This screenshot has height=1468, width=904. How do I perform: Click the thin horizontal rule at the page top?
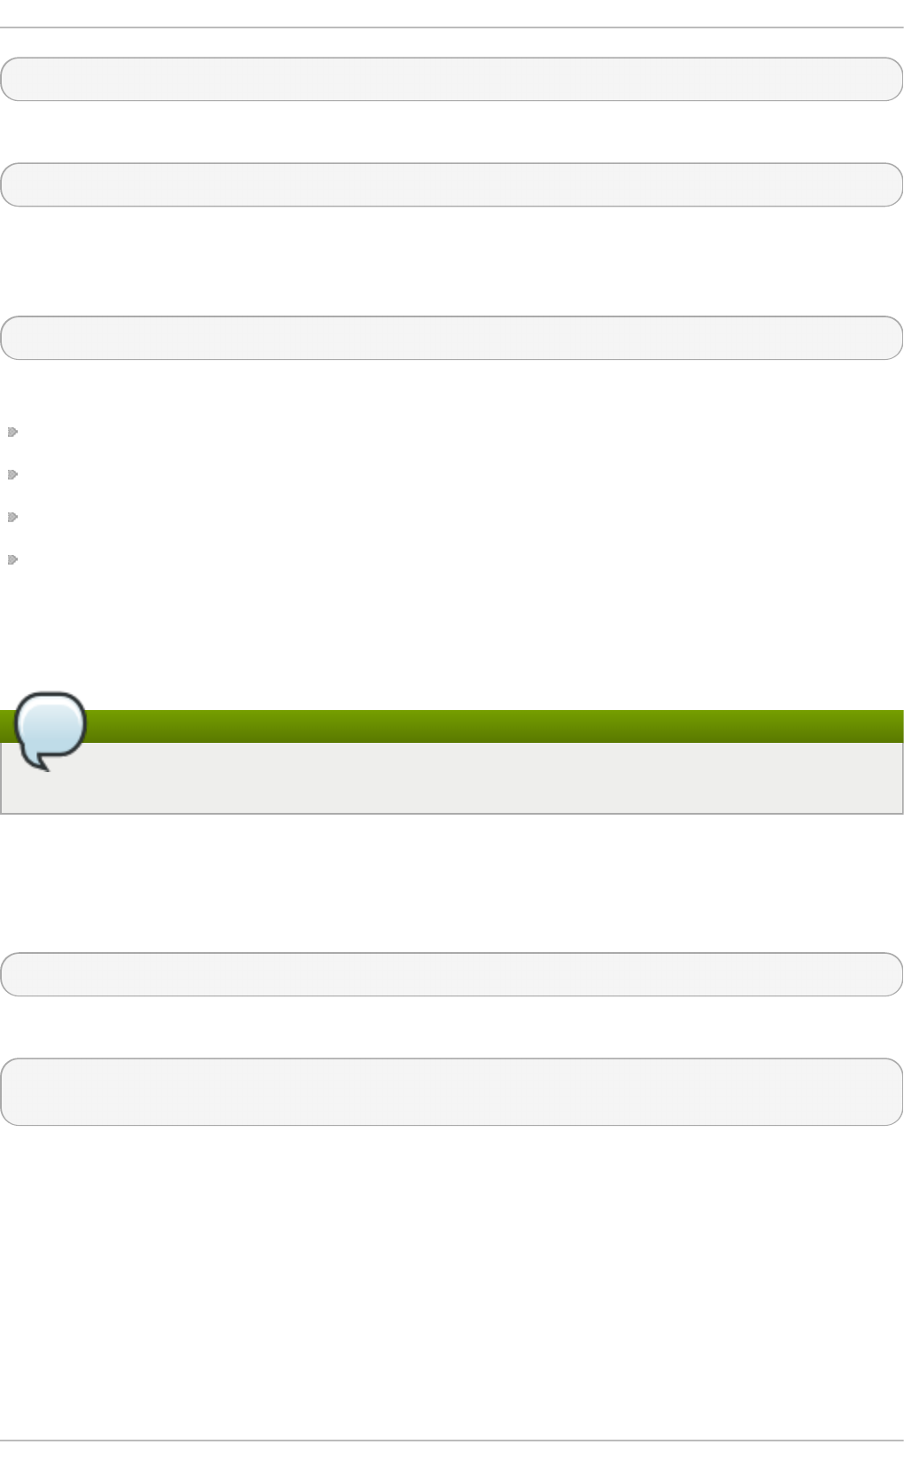click(452, 27)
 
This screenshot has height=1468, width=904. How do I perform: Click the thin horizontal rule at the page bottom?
click(452, 1441)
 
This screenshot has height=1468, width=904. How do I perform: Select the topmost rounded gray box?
click(452, 79)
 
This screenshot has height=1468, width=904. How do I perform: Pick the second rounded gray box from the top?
click(452, 184)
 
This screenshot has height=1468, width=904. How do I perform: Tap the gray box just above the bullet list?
click(452, 338)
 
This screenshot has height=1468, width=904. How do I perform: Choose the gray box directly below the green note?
click(452, 974)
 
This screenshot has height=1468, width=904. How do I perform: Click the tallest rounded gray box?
click(452, 1091)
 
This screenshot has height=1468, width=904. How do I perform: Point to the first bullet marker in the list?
click(12, 433)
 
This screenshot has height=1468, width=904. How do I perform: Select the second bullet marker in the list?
click(12, 475)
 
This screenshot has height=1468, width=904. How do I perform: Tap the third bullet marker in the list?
click(12, 517)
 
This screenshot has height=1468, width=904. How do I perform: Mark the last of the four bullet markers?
click(12, 559)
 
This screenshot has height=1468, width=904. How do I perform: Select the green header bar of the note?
click(496, 726)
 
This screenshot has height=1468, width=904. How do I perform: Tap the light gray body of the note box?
click(496, 777)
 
